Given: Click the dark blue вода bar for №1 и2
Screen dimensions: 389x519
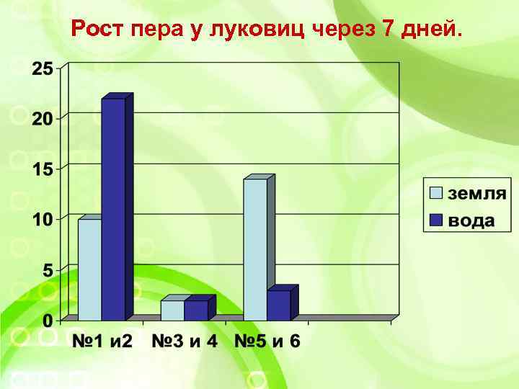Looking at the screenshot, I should (x=113, y=209).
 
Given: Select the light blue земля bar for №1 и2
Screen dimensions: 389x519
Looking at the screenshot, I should (x=89, y=269).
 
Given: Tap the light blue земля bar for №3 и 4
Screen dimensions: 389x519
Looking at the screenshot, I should (x=172, y=310).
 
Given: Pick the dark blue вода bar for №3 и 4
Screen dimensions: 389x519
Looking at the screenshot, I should (x=196, y=310).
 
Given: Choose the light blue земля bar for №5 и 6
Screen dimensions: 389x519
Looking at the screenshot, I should (x=255, y=249).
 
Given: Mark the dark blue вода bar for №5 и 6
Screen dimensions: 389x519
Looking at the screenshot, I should (x=279, y=305).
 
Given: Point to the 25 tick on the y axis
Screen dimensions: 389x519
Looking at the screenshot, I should (x=42, y=69).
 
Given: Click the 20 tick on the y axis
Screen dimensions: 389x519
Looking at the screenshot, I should (x=42, y=119).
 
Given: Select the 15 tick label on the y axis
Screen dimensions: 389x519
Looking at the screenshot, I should (x=42, y=169).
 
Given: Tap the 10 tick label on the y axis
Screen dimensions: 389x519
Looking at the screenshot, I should (x=42, y=219).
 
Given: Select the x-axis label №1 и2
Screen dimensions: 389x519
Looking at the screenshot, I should (x=102, y=341).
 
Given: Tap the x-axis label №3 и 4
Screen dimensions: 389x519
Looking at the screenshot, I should (x=184, y=341).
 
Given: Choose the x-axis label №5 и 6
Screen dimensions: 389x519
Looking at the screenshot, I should (x=267, y=341).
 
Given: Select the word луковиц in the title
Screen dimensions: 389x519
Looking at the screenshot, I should (x=260, y=30).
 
